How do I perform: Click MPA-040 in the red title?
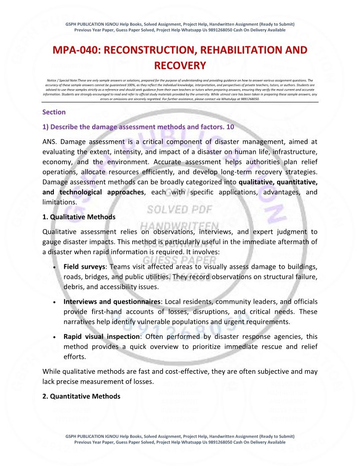coord(75,50)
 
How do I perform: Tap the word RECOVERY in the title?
coord(180,66)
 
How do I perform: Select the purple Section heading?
coord(54,112)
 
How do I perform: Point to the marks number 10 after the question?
coord(230,127)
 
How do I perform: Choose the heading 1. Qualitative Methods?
coord(79,217)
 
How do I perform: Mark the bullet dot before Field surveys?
coord(53,267)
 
